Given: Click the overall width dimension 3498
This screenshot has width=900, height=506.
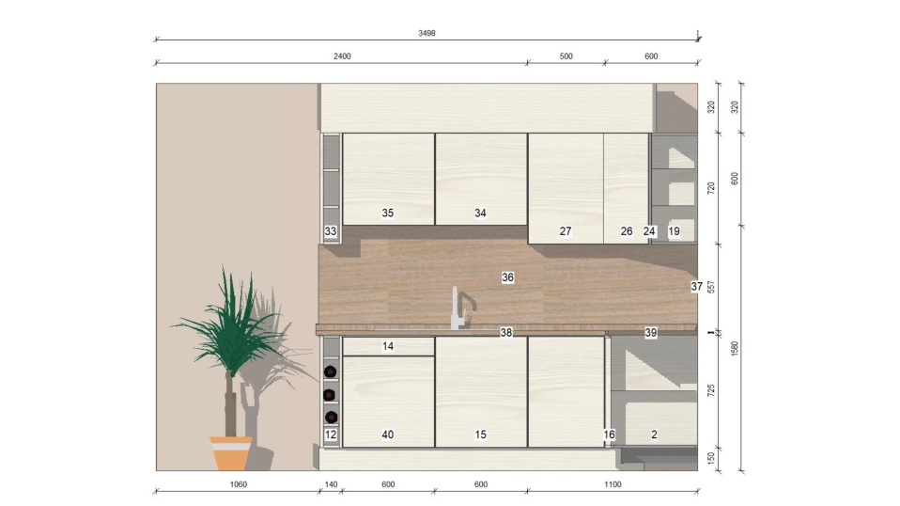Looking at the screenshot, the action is (427, 33).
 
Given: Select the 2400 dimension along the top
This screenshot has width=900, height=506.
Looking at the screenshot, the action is (342, 56).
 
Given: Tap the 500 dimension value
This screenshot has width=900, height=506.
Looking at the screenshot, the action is (566, 56).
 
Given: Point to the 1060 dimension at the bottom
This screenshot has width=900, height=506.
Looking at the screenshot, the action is (239, 484).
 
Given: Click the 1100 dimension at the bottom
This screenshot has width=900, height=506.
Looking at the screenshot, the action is (613, 484).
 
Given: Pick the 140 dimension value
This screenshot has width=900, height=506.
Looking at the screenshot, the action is (332, 484).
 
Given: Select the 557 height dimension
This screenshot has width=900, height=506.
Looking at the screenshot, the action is (711, 287).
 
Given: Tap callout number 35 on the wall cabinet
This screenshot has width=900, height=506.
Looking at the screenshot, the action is (388, 213).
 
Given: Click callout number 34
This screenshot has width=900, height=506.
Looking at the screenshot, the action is (480, 213).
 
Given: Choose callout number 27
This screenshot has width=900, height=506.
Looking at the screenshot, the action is (566, 230).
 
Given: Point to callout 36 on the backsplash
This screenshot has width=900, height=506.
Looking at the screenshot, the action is (508, 277).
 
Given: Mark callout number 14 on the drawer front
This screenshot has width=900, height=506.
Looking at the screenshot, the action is (388, 346).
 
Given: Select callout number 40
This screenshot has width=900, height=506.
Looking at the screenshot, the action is (388, 435).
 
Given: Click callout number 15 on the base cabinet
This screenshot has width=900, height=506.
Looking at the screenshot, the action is (480, 435).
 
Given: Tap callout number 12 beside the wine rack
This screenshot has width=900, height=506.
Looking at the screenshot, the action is (331, 435).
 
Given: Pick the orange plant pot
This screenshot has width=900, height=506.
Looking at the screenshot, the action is (231, 453).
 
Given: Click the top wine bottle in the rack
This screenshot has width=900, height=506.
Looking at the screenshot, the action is (330, 372).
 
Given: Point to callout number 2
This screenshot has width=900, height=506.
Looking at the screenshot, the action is (654, 435).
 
